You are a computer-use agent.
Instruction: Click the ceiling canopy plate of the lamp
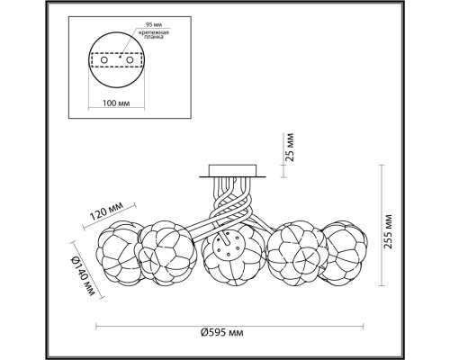point(232,170)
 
